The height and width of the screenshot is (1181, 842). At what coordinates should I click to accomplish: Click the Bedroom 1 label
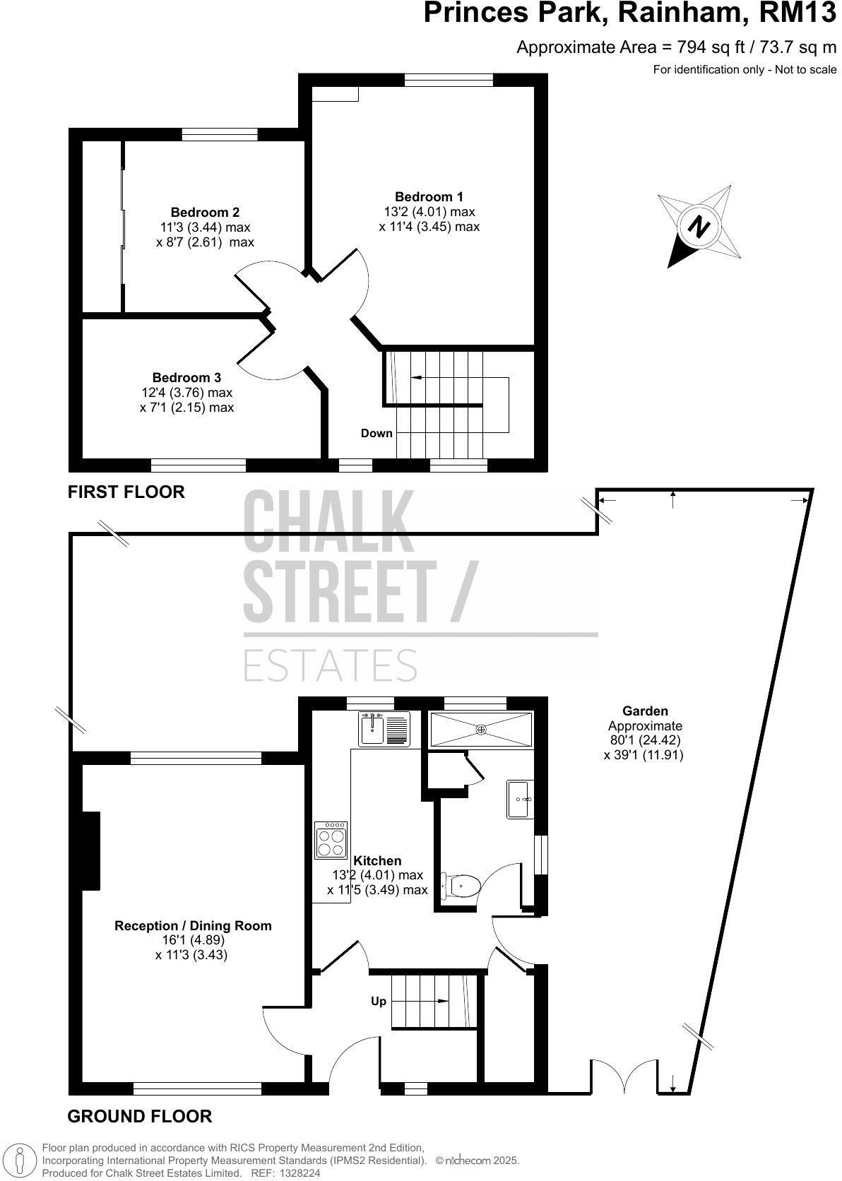click(x=429, y=196)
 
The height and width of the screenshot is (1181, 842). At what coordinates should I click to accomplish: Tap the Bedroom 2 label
click(x=205, y=213)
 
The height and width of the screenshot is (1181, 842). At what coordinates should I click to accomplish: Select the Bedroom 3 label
click(x=186, y=377)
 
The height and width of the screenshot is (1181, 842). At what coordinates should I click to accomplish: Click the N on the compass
click(x=699, y=227)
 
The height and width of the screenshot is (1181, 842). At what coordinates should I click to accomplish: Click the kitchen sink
click(x=384, y=729)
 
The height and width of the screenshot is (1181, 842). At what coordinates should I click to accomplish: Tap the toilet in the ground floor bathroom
click(x=461, y=885)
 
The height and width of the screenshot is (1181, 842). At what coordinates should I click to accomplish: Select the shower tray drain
click(x=480, y=730)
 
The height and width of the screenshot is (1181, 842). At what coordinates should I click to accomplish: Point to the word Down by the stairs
click(x=376, y=434)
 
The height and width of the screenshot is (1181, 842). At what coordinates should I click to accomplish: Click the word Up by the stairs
click(x=379, y=1001)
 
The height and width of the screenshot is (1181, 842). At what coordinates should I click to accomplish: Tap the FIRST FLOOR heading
click(x=126, y=492)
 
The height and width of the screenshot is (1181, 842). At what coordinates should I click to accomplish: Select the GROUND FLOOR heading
click(x=140, y=1116)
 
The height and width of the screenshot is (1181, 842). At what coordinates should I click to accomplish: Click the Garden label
click(x=645, y=711)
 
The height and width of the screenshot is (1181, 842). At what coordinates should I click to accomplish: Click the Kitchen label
click(x=377, y=860)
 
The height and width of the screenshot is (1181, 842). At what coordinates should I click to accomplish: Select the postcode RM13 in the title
click(x=797, y=13)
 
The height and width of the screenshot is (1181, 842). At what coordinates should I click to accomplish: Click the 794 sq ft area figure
click(x=711, y=47)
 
